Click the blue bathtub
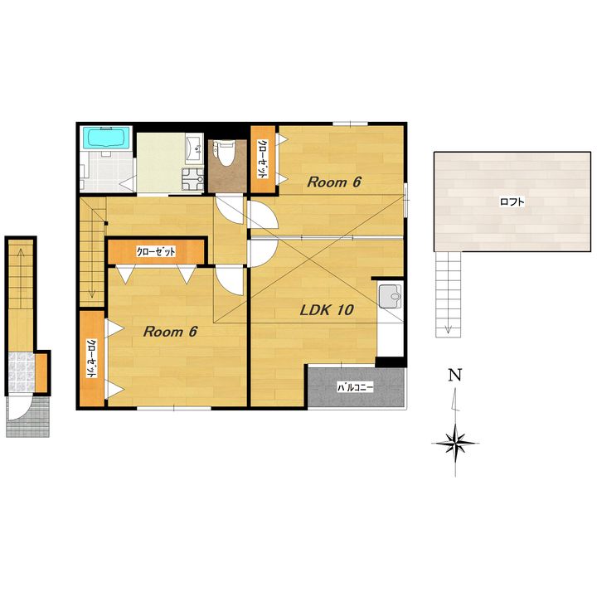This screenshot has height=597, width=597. [108, 138]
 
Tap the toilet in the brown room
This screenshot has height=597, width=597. [225, 153]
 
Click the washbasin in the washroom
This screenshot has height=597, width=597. [195, 148]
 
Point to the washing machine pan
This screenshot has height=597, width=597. [193, 179]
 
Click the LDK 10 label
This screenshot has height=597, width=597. [327, 310]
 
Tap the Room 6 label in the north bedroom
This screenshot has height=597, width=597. [334, 182]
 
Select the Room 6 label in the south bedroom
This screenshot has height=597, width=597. [170, 332]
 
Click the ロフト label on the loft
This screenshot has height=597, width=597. [512, 201]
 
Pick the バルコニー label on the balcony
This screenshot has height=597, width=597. [356, 387]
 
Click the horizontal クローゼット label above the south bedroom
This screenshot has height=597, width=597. [156, 252]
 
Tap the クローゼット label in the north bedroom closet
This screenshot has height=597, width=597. [263, 159]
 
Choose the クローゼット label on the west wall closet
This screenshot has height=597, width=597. [92, 359]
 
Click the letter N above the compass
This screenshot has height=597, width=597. [455, 376]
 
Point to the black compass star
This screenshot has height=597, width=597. [456, 444]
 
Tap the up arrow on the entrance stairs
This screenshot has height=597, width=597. [20, 278]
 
